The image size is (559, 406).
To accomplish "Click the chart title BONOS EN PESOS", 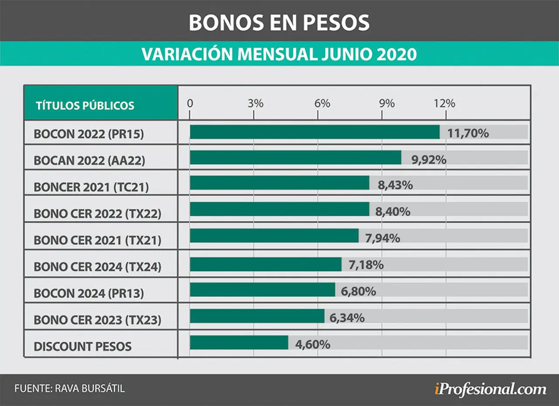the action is tap(279, 22).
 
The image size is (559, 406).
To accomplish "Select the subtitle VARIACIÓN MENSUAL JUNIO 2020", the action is tap(279, 54).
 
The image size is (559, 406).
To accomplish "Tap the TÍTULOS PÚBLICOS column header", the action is tap(85, 106).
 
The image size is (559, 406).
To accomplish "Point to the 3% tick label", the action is tap(255, 103).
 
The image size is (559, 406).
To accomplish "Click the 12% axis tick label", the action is tap(445, 103).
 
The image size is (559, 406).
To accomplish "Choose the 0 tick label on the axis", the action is tap(190, 103).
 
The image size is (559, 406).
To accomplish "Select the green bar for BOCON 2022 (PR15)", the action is tap(315, 132).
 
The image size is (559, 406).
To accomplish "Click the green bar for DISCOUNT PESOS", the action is tap(239, 342).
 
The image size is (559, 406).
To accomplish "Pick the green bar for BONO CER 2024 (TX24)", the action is tap(266, 264).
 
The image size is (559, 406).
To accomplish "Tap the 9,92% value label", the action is tap(429, 160).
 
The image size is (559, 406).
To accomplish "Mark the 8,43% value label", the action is tap(395, 185).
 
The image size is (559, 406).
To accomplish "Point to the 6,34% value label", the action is tap(347, 318).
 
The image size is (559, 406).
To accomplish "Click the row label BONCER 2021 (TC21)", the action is tap(91, 187).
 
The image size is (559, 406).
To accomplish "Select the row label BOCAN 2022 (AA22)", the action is tap(90, 160).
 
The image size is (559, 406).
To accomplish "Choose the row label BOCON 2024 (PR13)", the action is tap(89, 293).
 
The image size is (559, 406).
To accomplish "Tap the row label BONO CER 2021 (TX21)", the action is tap(97, 240).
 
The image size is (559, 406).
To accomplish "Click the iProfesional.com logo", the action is tap(490, 389).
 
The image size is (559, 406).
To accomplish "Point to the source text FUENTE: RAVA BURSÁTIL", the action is tap(69, 389).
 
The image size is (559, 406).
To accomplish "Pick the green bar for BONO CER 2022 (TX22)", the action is tap(279, 209).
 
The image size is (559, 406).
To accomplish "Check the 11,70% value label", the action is tap(468, 133).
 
